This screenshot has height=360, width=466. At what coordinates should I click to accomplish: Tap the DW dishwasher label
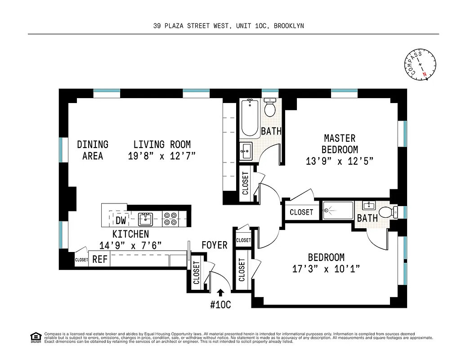pyautogui.click(x=121, y=220)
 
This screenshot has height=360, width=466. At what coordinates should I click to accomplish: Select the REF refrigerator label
pyautogui.click(x=100, y=259)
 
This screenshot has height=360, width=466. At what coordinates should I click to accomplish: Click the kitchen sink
pyautogui.click(x=145, y=219)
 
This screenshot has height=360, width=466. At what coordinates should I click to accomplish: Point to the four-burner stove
pyautogui.click(x=170, y=219)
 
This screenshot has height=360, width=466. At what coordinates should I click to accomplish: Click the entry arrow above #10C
pyautogui.click(x=220, y=292)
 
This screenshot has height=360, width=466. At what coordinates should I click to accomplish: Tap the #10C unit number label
pyautogui.click(x=220, y=305)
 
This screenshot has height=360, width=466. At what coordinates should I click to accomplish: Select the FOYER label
pyautogui.click(x=214, y=245)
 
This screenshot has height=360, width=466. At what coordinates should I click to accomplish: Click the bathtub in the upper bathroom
pyautogui.click(x=250, y=118)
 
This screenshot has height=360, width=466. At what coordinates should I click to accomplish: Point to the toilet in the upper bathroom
pyautogui.click(x=270, y=109)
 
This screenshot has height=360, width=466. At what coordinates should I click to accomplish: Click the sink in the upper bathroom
pyautogui.click(x=246, y=150)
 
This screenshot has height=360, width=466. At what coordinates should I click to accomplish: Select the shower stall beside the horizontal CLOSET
pyautogui.click(x=338, y=210)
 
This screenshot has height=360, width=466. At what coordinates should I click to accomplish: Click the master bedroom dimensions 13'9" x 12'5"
pyautogui.click(x=340, y=161)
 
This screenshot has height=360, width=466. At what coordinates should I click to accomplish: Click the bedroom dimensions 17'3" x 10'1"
pyautogui.click(x=326, y=269)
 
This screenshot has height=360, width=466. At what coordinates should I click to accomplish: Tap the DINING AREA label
pyautogui.click(x=93, y=150)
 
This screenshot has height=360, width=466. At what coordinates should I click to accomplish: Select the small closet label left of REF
pyautogui.click(x=81, y=260)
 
